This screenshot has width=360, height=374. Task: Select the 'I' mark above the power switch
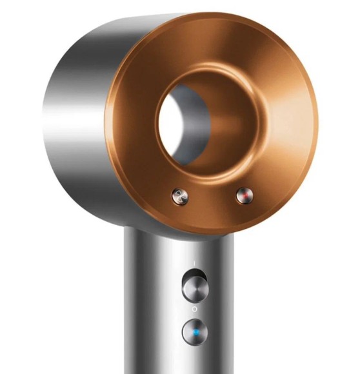click(x=194, y=262)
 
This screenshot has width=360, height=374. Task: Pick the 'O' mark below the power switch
click(x=194, y=310)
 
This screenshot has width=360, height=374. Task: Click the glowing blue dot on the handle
click(x=194, y=332)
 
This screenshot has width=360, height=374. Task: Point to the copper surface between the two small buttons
click(x=210, y=197)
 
